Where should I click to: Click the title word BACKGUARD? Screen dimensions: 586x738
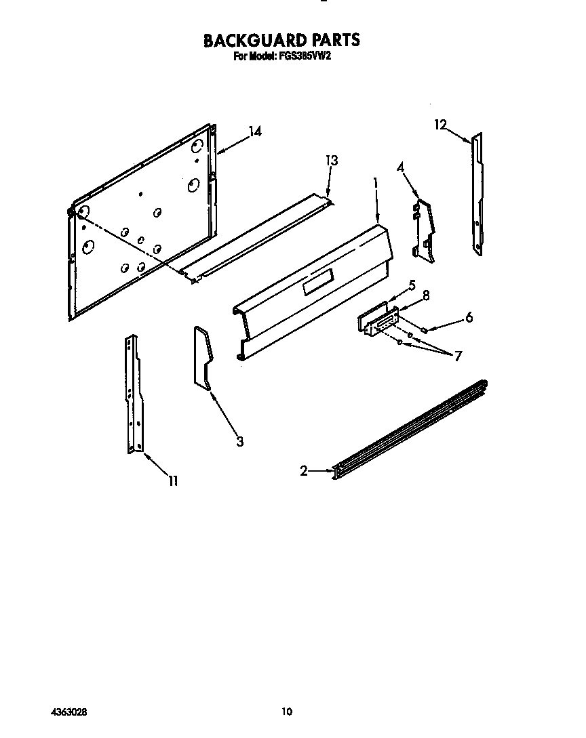tap(250, 40)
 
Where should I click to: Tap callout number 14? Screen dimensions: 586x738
tap(255, 131)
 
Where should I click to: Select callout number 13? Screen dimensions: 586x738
tap(332, 161)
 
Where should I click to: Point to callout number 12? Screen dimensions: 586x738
tap(440, 125)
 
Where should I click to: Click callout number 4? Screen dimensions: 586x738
tap(400, 167)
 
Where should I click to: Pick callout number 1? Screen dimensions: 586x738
tap(376, 182)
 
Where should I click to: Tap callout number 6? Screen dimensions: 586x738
tap(469, 318)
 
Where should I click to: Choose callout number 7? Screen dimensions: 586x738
tap(458, 356)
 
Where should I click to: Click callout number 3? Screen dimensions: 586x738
tap(240, 441)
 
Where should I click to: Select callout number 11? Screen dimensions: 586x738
tap(174, 480)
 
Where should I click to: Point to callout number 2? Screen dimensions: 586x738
tap(304, 470)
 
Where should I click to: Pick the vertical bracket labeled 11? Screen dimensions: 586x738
tap(134, 394)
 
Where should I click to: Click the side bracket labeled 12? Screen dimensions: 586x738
tap(477, 194)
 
